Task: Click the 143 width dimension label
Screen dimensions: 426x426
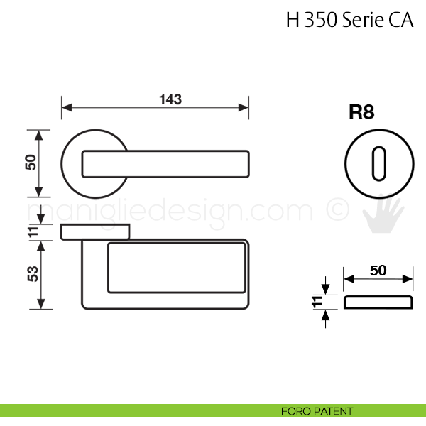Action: click(170, 99)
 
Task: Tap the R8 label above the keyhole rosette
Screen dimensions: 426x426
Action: click(361, 112)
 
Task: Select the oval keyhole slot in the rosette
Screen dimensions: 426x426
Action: click(379, 164)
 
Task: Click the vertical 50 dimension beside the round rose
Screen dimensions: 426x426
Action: click(31, 162)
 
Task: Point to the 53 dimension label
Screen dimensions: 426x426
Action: click(33, 274)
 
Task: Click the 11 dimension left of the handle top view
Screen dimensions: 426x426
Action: click(33, 231)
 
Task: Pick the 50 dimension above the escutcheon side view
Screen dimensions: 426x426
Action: click(378, 271)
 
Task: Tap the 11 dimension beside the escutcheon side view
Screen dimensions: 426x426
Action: click(317, 302)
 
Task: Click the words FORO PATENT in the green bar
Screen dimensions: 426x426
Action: click(317, 411)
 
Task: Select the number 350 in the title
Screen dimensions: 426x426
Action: click(321, 20)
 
